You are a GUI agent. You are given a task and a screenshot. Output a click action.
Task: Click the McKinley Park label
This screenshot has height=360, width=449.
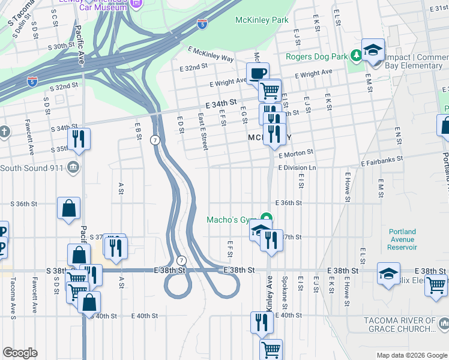pyautogui.click(x=263, y=20)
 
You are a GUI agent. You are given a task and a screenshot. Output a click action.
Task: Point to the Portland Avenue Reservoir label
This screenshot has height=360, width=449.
pyautogui.click(x=402, y=239)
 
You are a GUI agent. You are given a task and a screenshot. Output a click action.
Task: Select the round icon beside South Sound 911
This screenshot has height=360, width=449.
pyautogui.click(x=73, y=166)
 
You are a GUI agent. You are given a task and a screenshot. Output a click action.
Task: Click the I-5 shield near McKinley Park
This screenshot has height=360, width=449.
pyautogui.click(x=202, y=24)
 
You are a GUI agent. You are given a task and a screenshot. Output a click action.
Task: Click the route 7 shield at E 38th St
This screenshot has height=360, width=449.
pyautogui.click(x=181, y=260)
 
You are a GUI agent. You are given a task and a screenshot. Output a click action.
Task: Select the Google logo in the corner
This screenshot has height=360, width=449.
pyautogui.click(x=20, y=353)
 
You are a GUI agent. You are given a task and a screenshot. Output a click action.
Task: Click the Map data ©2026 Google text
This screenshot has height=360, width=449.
pyautogui.click(x=411, y=355)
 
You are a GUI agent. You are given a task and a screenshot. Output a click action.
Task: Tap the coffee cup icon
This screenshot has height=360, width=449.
pyautogui.click(x=258, y=73)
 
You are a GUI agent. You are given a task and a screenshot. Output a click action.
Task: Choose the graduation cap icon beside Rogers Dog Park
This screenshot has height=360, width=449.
pyautogui.click(x=373, y=50)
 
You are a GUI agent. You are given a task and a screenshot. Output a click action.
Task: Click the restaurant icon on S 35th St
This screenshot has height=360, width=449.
pyautogui.click(x=79, y=139)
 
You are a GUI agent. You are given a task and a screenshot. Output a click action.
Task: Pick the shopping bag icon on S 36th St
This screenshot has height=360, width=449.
pyautogui.click(x=69, y=208)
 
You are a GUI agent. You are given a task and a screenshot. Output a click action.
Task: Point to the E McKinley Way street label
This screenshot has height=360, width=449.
pyautogui.click(x=210, y=55)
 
